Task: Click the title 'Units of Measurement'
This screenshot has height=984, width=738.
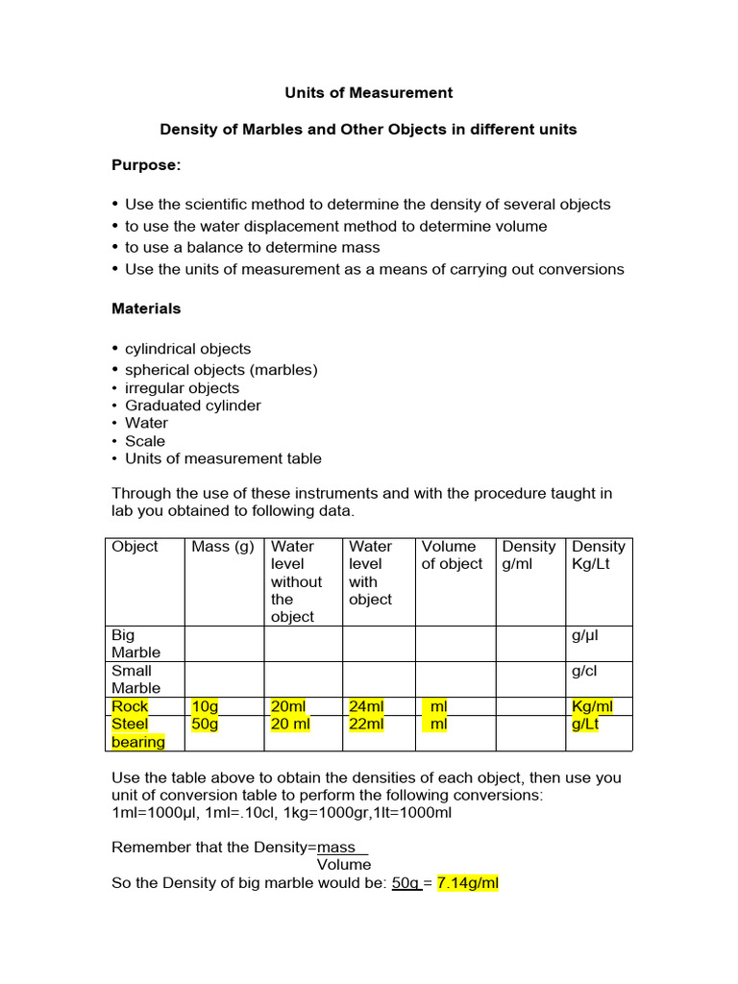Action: click(x=368, y=93)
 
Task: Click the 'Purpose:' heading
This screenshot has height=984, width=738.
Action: click(x=146, y=165)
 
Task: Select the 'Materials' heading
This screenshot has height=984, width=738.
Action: click(x=146, y=308)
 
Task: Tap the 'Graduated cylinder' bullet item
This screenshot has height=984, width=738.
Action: click(x=192, y=406)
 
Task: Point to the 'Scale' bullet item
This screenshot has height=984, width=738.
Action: click(x=145, y=441)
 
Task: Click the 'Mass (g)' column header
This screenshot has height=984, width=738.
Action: click(x=223, y=547)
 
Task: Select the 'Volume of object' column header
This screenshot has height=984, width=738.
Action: click(x=452, y=555)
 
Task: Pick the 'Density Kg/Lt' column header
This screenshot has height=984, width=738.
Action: click(x=598, y=555)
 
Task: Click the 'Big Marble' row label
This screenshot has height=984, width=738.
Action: click(x=136, y=644)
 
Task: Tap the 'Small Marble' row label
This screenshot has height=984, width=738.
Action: click(x=136, y=679)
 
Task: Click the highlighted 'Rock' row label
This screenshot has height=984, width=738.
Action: click(x=131, y=706)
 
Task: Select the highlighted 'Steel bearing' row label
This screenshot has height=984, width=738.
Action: click(x=137, y=733)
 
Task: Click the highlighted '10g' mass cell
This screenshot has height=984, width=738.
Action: click(x=206, y=706)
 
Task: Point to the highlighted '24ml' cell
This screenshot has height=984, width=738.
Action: click(x=367, y=706)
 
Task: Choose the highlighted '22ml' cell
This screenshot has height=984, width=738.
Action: click(x=366, y=725)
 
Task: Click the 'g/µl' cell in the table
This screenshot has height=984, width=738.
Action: click(x=586, y=635)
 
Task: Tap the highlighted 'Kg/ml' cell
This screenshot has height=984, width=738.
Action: click(x=592, y=706)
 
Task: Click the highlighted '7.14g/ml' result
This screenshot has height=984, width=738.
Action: click(x=468, y=883)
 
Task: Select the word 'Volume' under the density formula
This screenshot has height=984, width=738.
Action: click(x=344, y=865)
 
